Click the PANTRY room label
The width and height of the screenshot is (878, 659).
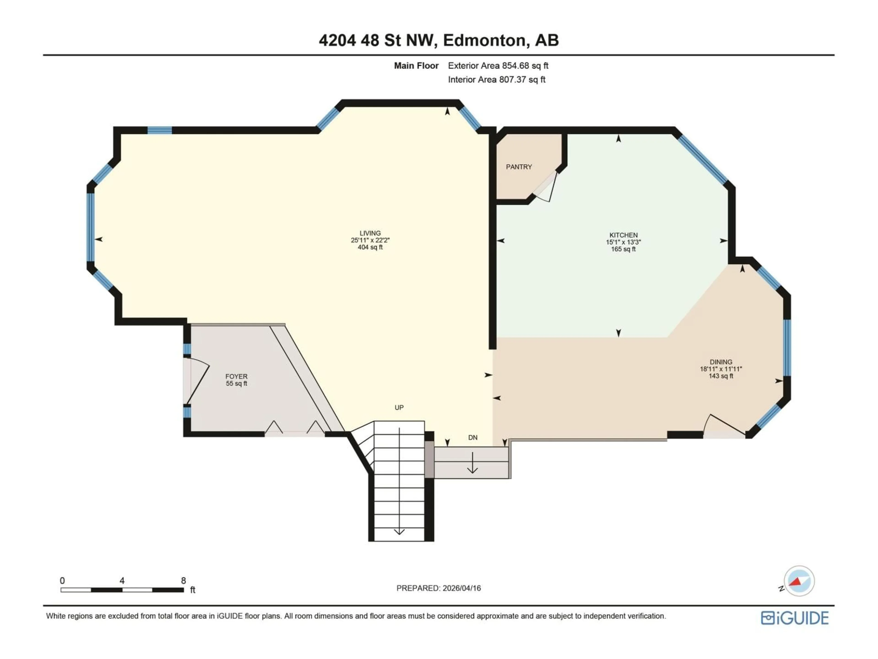tap(519, 167)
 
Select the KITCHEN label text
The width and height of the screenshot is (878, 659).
tap(623, 235)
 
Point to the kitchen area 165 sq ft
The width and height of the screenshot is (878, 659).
tap(623, 249)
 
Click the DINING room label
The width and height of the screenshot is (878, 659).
tap(721, 362)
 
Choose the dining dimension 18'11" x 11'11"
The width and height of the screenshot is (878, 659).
tap(721, 369)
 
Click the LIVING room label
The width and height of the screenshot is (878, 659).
tap(370, 233)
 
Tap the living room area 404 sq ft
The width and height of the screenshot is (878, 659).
tap(370, 247)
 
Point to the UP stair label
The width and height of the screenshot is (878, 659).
tap(399, 408)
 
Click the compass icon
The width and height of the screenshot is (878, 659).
tap(799, 581)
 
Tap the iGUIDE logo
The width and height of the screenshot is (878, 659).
tap(795, 618)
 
